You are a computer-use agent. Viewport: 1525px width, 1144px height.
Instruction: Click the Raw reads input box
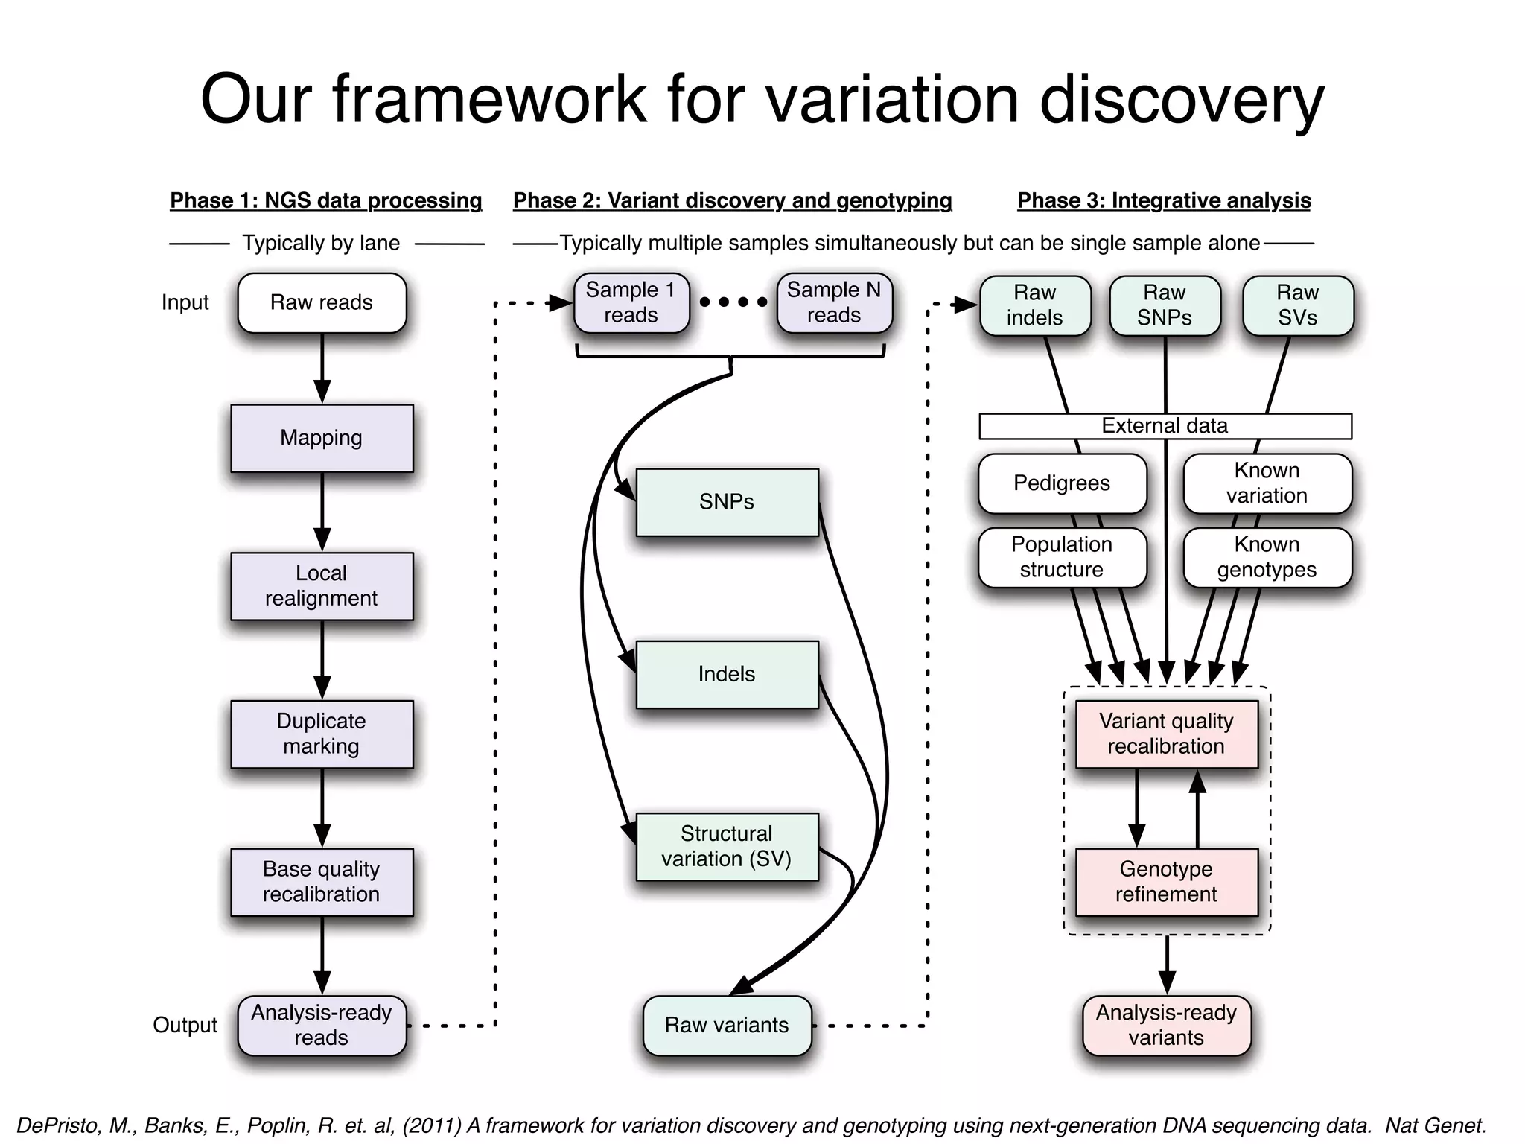(x=322, y=302)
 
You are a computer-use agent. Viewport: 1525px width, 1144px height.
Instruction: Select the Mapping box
(x=322, y=438)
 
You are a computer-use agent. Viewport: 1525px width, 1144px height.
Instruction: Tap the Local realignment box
(x=322, y=585)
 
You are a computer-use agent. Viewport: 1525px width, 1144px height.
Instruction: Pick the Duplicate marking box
(x=322, y=734)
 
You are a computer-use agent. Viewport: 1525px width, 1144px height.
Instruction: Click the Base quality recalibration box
(x=322, y=882)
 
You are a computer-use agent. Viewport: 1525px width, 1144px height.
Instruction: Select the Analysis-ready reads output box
(x=322, y=1025)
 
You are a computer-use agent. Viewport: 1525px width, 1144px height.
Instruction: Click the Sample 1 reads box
(x=631, y=302)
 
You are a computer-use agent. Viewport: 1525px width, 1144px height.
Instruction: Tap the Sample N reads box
(x=834, y=302)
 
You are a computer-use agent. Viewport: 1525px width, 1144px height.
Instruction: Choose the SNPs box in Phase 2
(x=727, y=502)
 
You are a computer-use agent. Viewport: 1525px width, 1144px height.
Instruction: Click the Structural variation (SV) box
(x=727, y=846)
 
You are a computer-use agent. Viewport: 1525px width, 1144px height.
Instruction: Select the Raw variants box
(x=727, y=1025)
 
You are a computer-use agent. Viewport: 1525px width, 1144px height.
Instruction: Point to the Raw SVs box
(x=1298, y=305)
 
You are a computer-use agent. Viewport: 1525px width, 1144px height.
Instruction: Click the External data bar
(x=1165, y=426)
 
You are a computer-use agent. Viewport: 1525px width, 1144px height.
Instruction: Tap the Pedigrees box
(x=1062, y=483)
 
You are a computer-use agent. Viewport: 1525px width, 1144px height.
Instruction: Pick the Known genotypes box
(x=1267, y=557)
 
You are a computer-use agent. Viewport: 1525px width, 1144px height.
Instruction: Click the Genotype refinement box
(x=1166, y=882)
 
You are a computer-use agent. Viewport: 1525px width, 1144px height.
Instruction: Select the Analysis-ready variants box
(x=1166, y=1025)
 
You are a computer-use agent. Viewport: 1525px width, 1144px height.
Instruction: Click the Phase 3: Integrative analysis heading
(x=1164, y=200)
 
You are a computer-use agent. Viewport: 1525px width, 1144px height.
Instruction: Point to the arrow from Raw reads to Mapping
(x=322, y=368)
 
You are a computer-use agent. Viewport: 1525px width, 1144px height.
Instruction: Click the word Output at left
(x=185, y=1025)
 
